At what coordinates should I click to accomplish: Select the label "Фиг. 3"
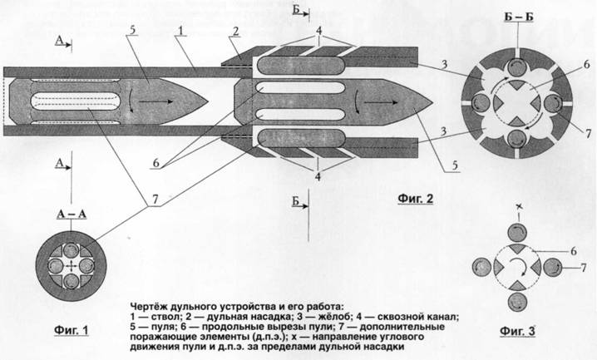[523, 335]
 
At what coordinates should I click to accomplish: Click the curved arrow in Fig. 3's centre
[518, 268]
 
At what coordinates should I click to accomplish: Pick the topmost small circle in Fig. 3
[518, 227]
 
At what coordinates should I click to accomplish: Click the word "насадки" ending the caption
[385, 348]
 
